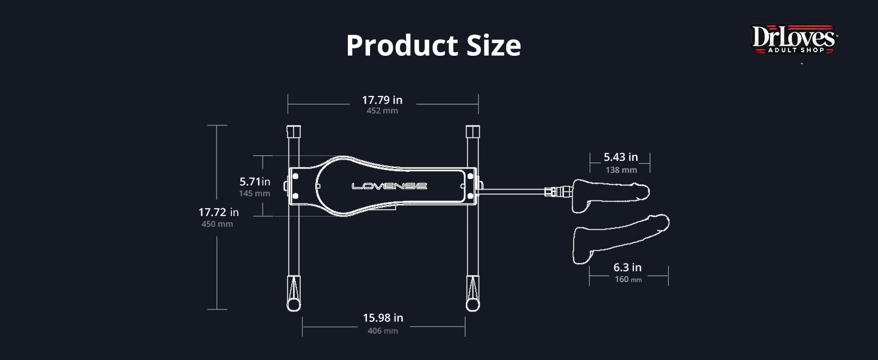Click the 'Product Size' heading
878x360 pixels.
pyautogui.click(x=434, y=46)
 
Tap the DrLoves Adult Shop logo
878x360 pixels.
pyautogui.click(x=793, y=39)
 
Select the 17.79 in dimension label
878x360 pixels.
pyautogui.click(x=382, y=100)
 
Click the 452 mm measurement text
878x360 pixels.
pyautogui.click(x=382, y=110)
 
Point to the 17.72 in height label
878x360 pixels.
pyautogui.click(x=218, y=212)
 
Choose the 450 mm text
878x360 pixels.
pyautogui.click(x=217, y=224)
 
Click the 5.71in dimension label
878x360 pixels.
pyautogui.click(x=255, y=182)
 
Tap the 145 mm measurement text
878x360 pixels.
pyautogui.click(x=254, y=193)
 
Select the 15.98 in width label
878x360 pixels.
pyautogui.click(x=383, y=317)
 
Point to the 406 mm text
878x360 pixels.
pyautogui.click(x=383, y=331)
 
